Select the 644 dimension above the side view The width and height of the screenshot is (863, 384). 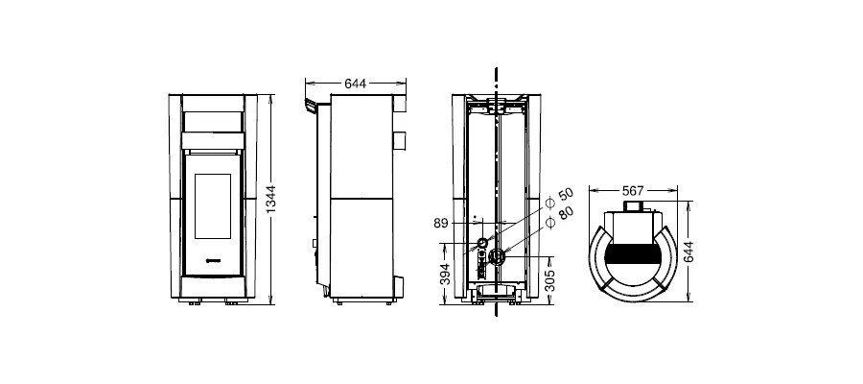[355, 84]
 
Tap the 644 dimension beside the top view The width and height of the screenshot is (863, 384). [688, 252]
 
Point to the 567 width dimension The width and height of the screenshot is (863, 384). [633, 191]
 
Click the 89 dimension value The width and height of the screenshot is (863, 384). [441, 223]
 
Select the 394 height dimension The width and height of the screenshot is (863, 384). [446, 274]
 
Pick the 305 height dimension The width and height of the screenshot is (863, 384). [549, 280]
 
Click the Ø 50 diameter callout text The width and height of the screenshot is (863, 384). [559, 199]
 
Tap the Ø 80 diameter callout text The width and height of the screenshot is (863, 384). [559, 217]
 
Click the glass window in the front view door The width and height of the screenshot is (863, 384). [213, 206]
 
